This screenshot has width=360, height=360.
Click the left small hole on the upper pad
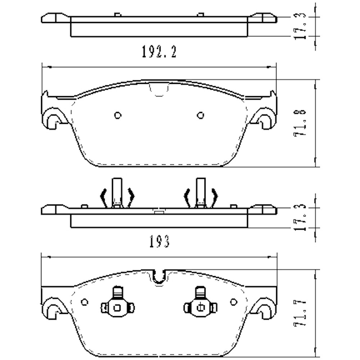[117, 115]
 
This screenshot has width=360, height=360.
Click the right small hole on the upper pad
[201, 115]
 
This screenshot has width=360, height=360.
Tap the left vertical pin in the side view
[116, 193]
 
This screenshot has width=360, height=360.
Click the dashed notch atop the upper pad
[159, 90]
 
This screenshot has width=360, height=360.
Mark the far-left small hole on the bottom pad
[85, 301]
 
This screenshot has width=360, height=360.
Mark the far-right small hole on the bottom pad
[233, 301]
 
